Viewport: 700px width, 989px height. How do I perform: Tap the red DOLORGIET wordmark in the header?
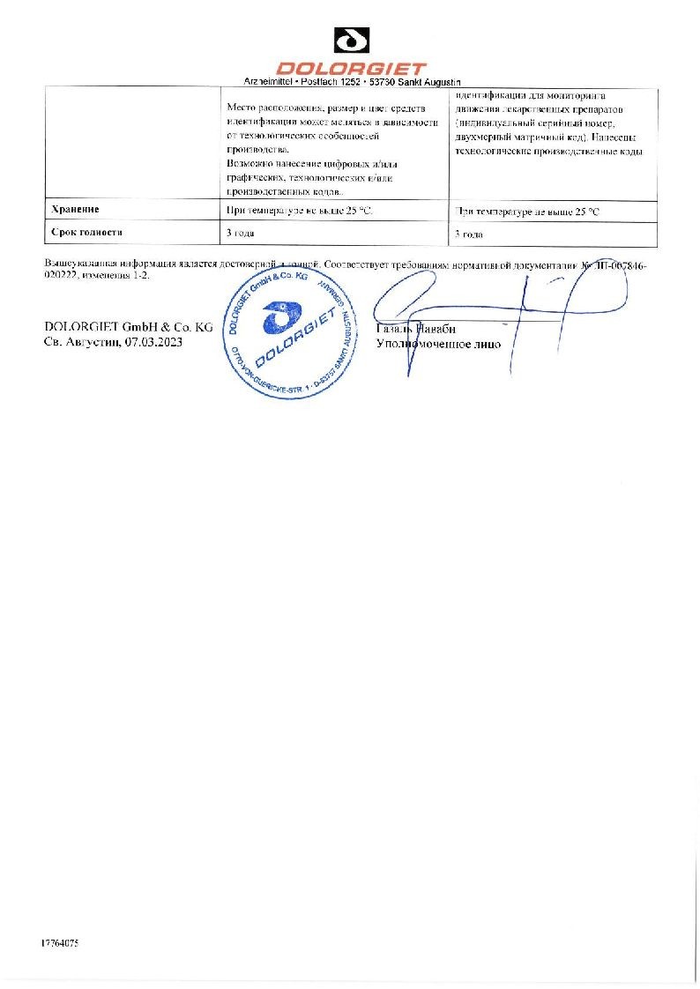tap(350, 68)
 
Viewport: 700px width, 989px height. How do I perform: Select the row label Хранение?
tap(75, 210)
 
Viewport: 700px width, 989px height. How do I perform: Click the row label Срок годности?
tap(86, 233)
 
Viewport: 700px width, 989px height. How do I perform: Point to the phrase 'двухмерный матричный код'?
tap(515, 138)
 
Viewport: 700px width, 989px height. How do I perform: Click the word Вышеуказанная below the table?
tap(80, 264)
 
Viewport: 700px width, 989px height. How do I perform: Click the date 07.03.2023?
tap(153, 341)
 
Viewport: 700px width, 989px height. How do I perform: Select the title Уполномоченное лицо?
tap(438, 344)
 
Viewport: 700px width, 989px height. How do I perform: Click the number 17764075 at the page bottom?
tap(60, 943)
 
